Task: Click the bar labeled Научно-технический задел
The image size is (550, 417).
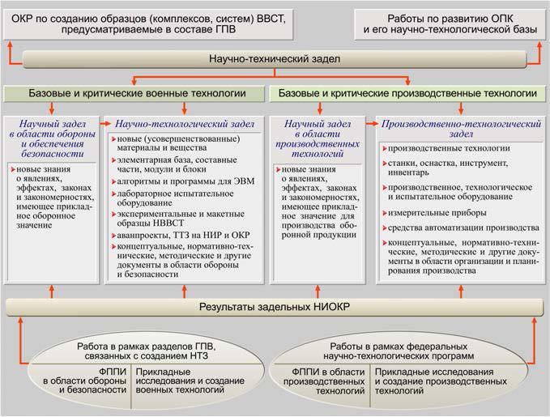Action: coord(275,60)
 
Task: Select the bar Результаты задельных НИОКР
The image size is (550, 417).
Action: coord(275,308)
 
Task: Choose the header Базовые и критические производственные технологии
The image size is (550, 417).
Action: coord(407,95)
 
